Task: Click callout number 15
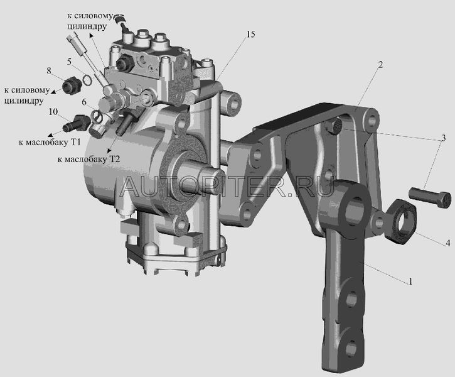(250, 35)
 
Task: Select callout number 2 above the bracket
(380, 65)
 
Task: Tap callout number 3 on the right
(443, 138)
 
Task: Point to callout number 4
(447, 243)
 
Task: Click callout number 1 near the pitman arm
(410, 281)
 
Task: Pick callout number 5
(69, 62)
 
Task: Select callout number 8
(49, 70)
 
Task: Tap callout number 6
(84, 102)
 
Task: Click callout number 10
(53, 112)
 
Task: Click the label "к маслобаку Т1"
(50, 143)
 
